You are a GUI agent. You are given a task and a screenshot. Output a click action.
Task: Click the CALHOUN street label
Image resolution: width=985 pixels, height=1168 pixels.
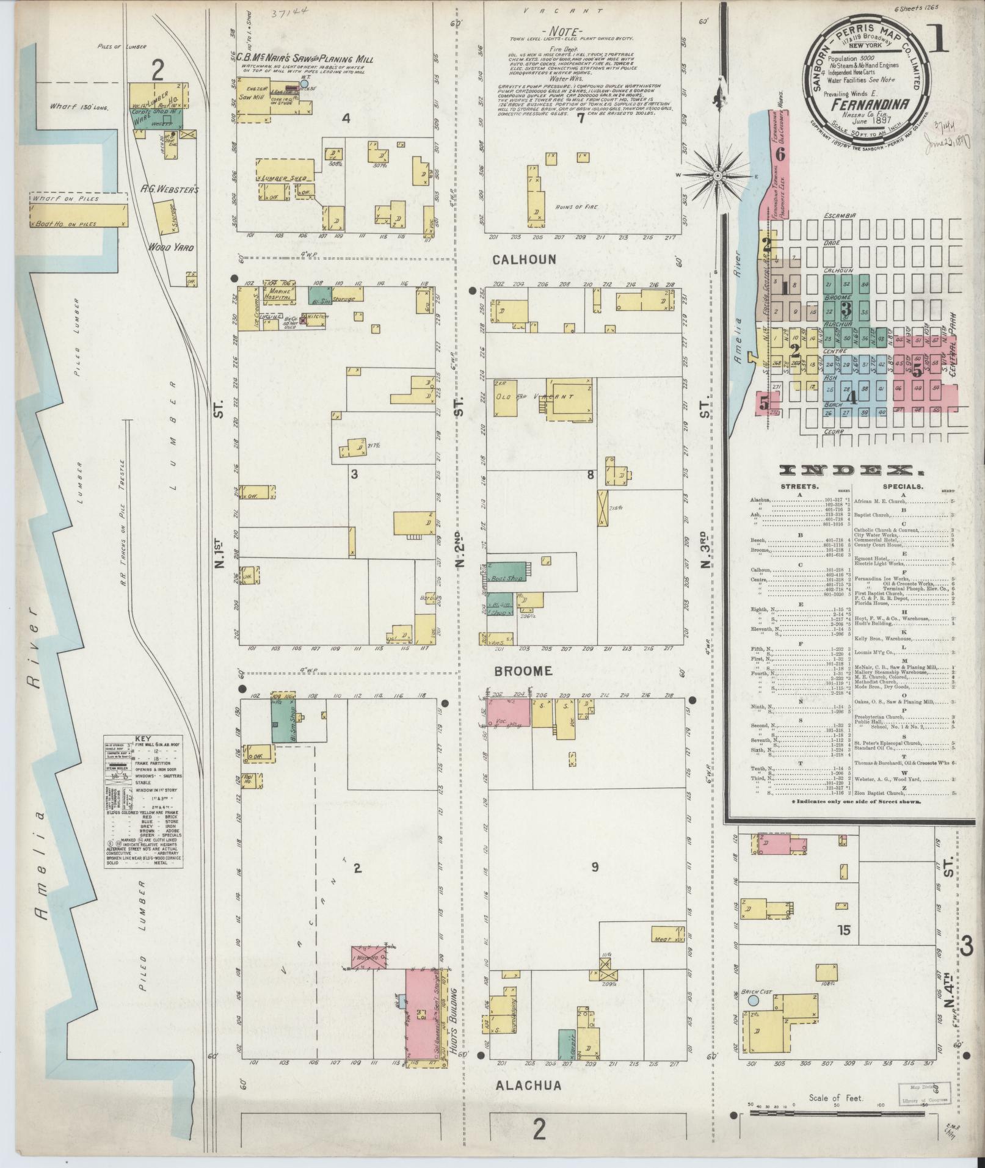(x=525, y=259)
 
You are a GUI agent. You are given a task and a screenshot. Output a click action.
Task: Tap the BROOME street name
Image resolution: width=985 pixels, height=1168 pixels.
(x=524, y=671)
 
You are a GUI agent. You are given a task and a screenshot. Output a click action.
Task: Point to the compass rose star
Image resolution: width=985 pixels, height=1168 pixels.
(x=718, y=176)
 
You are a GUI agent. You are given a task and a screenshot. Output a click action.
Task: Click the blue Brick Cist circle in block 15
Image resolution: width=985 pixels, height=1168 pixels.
(x=752, y=1001)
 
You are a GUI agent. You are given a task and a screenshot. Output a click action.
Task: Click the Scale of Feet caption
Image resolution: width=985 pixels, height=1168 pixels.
(x=836, y=1097)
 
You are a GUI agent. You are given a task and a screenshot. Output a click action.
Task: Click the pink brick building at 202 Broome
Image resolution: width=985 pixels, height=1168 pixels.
(x=509, y=713)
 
